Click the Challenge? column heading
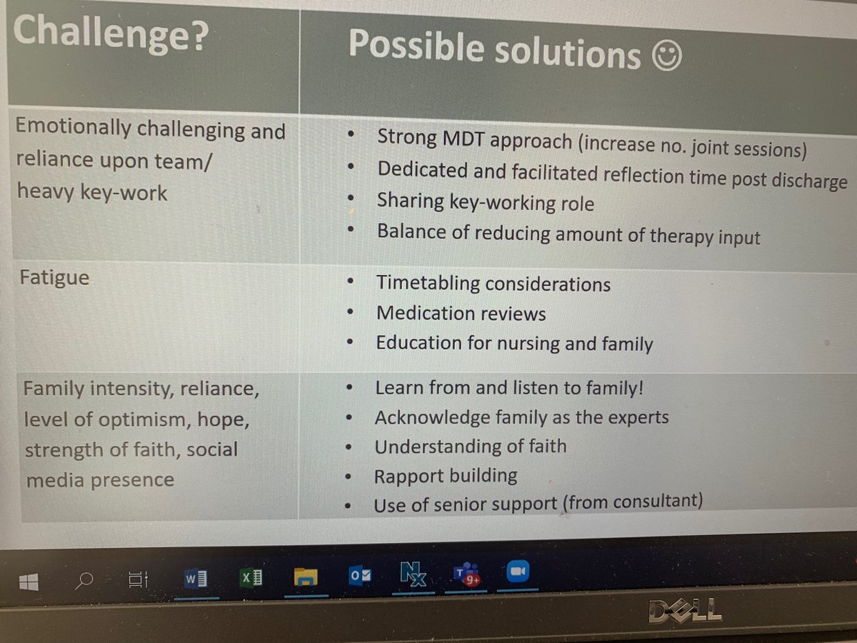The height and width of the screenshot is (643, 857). click(x=111, y=33)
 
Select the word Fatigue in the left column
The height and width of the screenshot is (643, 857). click(x=55, y=277)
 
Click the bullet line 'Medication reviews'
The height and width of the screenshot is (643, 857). click(x=461, y=314)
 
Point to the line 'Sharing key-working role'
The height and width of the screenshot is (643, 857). click(x=485, y=203)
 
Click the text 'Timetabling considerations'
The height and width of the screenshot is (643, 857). click(x=493, y=284)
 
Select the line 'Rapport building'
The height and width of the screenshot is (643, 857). click(x=446, y=476)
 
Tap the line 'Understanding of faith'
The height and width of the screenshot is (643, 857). click(x=470, y=447)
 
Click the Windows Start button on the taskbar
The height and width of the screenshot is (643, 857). click(x=29, y=582)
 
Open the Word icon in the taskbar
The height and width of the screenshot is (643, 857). click(x=194, y=579)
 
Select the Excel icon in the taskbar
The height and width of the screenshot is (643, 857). click(x=251, y=578)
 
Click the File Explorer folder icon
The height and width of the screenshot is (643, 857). click(x=305, y=577)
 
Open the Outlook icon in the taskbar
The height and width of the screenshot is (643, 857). click(x=359, y=577)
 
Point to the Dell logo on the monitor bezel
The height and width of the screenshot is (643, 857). click(x=685, y=611)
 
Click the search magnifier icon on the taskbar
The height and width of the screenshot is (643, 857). click(x=84, y=581)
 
